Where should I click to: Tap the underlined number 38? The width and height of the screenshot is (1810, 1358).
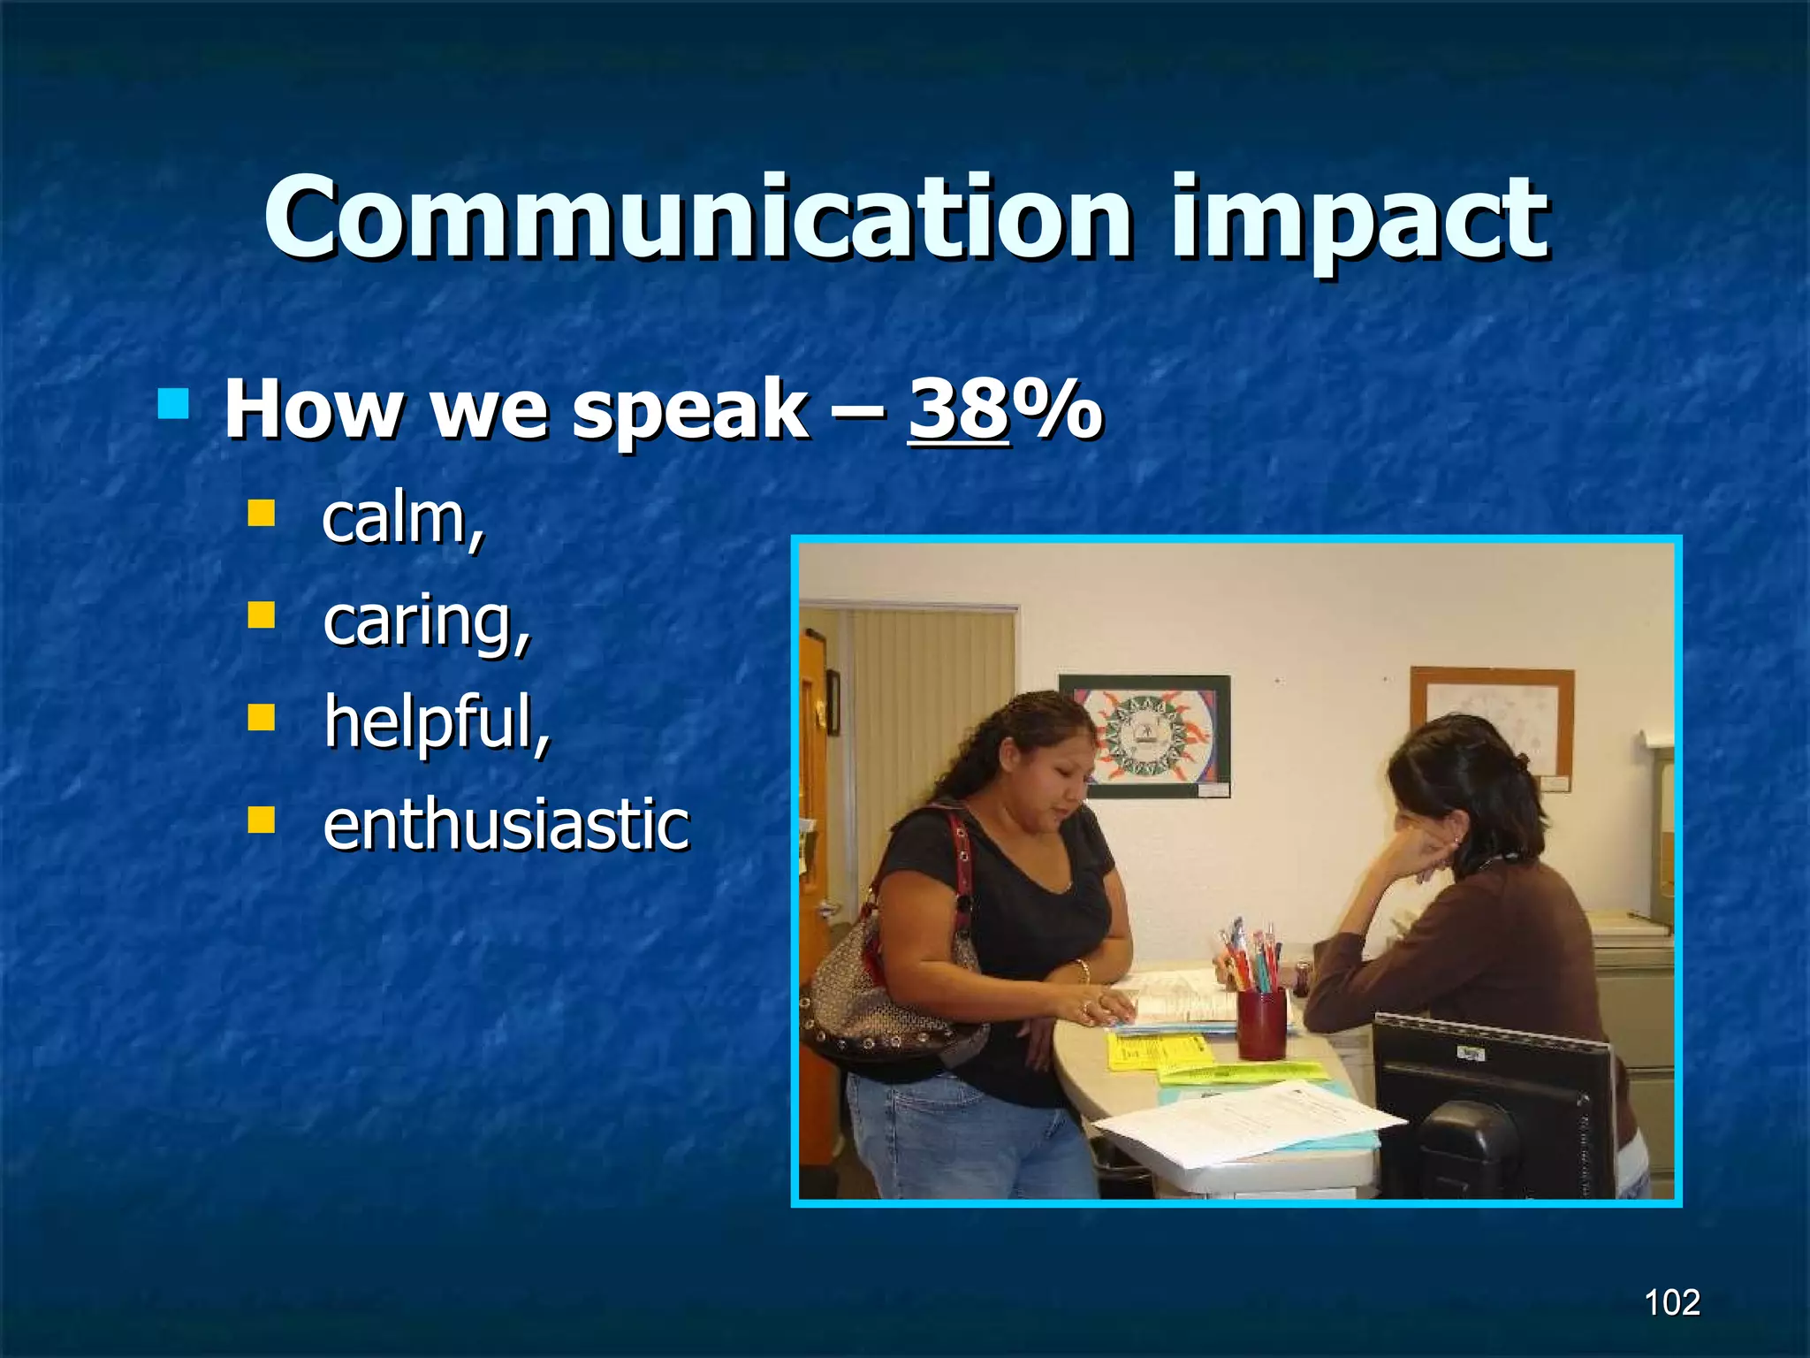(x=958, y=409)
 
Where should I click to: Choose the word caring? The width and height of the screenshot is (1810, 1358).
(x=426, y=622)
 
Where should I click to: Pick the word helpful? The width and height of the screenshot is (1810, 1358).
(x=436, y=722)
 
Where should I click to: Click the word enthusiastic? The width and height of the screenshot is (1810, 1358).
(x=506, y=824)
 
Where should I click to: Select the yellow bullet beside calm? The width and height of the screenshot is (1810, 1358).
(x=262, y=514)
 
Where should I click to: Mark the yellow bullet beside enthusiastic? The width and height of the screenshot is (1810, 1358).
(x=262, y=820)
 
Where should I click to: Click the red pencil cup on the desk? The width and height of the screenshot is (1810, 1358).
(x=1260, y=1023)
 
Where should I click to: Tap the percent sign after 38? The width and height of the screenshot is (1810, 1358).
(x=1058, y=409)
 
